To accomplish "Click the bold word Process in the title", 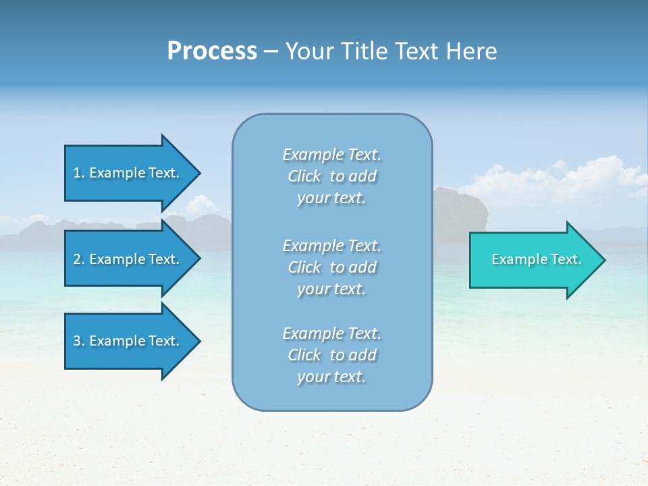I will [212, 51].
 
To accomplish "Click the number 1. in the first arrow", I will [79, 173].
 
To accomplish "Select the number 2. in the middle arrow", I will [79, 259].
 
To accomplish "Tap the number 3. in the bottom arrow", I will [79, 341].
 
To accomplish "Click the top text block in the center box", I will [331, 176].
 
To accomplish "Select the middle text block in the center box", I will [331, 267].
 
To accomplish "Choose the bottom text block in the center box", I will [331, 355].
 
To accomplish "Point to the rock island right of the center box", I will [462, 213].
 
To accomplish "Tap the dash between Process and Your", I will [271, 52].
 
